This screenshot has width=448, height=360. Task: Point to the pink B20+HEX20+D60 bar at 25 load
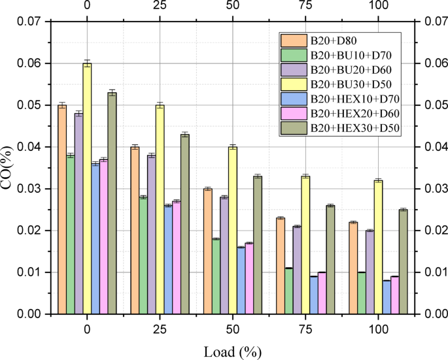click(x=177, y=257)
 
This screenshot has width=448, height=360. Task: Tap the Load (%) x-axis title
click(x=232, y=352)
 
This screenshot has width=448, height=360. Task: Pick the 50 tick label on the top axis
click(x=232, y=6)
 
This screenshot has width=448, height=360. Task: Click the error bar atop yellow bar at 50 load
click(x=232, y=147)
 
